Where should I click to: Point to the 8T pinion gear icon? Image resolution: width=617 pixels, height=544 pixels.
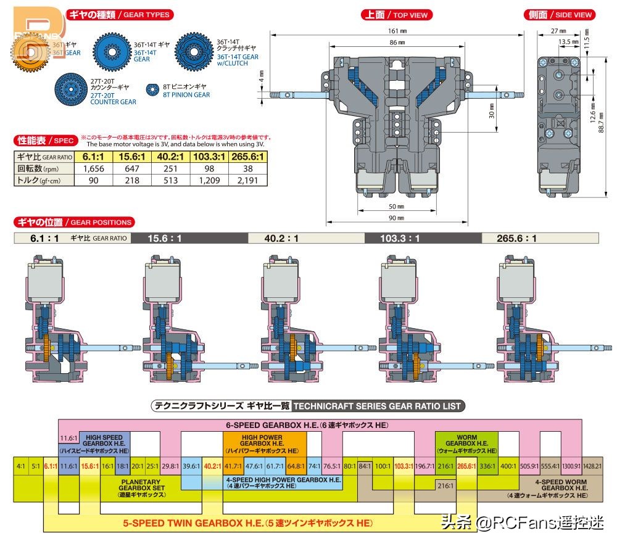[x=153, y=91]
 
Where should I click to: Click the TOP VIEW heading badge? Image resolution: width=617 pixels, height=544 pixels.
[x=396, y=14]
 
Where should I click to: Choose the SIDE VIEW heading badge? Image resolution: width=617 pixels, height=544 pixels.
[x=558, y=14]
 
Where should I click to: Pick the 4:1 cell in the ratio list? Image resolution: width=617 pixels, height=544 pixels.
[x=21, y=466]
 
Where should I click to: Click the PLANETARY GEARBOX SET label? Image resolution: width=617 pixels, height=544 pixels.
[x=141, y=487]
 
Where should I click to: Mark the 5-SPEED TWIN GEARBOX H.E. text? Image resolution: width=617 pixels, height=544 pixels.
[x=247, y=523]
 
